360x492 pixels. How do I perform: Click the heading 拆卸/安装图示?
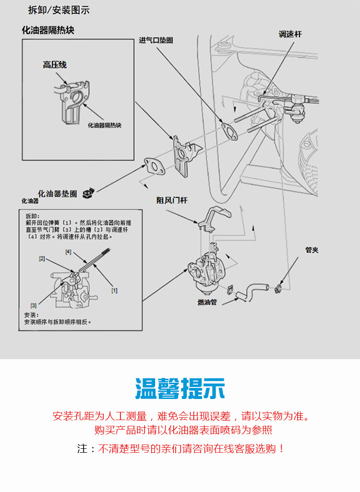[x=59, y=10]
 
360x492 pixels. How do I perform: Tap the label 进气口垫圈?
[x=156, y=41]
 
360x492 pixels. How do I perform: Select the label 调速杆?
[x=290, y=35]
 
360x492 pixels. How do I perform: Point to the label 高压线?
[x=55, y=65]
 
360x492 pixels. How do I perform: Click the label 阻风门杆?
[x=171, y=200]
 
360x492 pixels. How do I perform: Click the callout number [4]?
[x=68, y=252]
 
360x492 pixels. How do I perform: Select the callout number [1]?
[x=114, y=290]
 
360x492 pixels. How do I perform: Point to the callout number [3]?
[x=33, y=305]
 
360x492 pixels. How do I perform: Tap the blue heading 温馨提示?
[x=180, y=389]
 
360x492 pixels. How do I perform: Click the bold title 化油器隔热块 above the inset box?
[x=48, y=30]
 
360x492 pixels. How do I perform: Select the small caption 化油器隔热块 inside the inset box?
[x=105, y=125]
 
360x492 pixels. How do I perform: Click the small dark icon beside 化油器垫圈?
[x=88, y=193]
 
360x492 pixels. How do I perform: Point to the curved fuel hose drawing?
[x=252, y=291]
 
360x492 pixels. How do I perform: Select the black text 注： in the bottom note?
[x=83, y=449]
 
